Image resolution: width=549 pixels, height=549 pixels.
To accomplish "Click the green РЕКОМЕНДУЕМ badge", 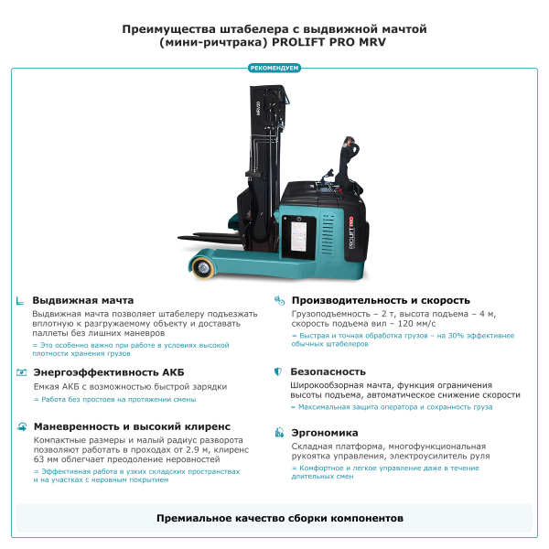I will tap(274, 67).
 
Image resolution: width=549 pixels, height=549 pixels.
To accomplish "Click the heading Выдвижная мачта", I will tap(83, 300).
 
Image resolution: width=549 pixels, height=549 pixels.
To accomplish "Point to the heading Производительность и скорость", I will tap(381, 300).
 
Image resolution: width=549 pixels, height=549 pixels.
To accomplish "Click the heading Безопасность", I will tap(328, 372).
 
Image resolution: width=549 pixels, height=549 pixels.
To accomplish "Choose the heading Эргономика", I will tap(324, 433).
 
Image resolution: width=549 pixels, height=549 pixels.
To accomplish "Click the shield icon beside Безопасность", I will tap(278, 372).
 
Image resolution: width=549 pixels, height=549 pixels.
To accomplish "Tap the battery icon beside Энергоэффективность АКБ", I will tap(20, 372).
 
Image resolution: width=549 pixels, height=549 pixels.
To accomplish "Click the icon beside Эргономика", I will tap(278, 433).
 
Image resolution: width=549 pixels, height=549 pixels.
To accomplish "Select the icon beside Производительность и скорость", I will tap(278, 300).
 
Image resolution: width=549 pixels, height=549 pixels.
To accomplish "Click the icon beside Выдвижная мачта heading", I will tap(20, 300).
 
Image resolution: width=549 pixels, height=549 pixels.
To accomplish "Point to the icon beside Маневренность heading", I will tap(20, 426).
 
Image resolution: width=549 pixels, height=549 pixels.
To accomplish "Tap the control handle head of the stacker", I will tap(349, 146).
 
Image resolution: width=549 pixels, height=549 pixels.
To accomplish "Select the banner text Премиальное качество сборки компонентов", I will tap(279, 518).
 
